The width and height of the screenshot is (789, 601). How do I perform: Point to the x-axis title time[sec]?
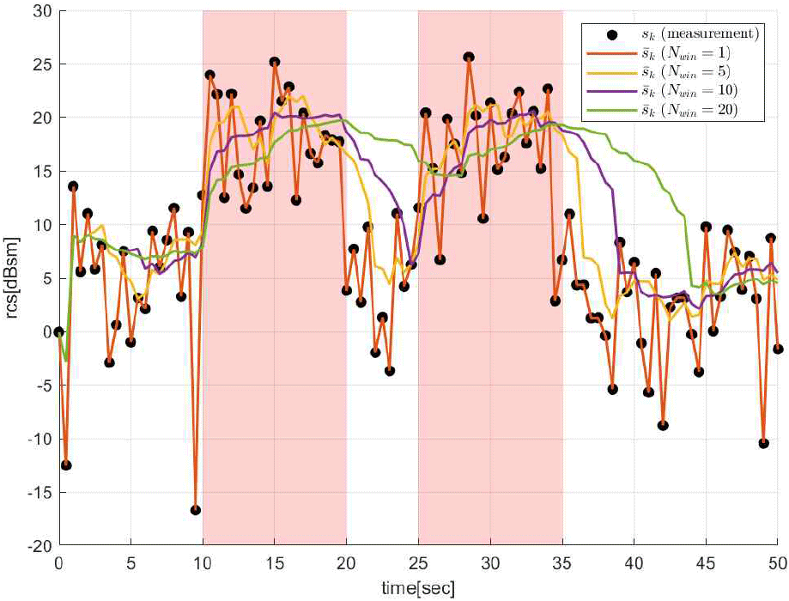(x=418, y=588)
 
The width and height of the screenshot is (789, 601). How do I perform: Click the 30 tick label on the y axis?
(x=39, y=11)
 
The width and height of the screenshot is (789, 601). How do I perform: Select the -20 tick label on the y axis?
(x=37, y=546)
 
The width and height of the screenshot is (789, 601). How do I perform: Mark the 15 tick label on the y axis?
(x=39, y=172)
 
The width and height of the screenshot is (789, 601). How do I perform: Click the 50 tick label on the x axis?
(x=777, y=564)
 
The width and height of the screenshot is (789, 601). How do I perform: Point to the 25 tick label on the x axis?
(x=418, y=564)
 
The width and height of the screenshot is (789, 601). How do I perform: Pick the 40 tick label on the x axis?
(x=634, y=564)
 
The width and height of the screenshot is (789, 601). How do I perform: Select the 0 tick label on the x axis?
(x=58, y=564)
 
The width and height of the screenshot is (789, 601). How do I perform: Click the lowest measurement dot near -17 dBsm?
(x=196, y=510)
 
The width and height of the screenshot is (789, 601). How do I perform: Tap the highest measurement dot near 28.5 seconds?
(x=469, y=58)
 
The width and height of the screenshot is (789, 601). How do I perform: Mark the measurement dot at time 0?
(x=58, y=331)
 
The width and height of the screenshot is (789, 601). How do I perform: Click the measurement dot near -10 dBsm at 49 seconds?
(x=763, y=443)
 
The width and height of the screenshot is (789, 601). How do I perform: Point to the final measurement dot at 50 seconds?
(x=778, y=349)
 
